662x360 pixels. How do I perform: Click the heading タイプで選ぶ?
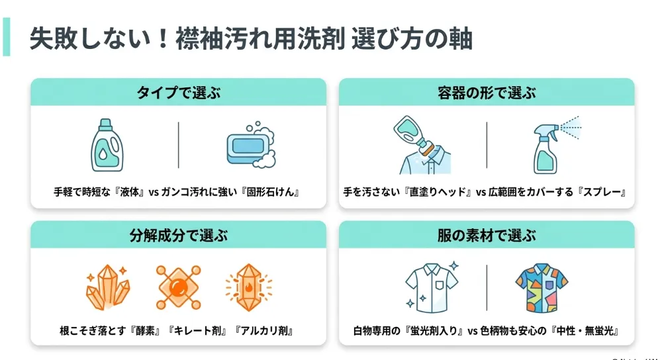click(x=178, y=93)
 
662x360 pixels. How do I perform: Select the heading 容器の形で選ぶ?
click(x=487, y=93)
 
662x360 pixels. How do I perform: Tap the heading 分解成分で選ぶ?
click(x=178, y=235)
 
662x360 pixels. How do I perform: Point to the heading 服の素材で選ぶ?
click(x=487, y=235)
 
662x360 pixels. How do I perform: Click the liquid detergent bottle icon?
click(x=107, y=145)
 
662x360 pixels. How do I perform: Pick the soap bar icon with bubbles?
click(x=251, y=145)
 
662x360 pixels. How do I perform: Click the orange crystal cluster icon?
click(x=108, y=287)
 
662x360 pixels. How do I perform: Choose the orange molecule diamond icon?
click(x=178, y=287)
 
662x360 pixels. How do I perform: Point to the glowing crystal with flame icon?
click(x=249, y=287)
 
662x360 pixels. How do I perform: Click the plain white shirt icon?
click(x=432, y=287)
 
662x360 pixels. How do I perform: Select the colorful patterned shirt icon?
click(x=542, y=288)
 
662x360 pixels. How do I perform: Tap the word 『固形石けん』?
click(x=271, y=192)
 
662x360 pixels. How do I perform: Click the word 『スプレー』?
click(x=602, y=192)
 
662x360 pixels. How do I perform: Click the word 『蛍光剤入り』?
click(x=434, y=330)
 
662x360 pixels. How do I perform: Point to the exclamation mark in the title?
click(x=163, y=39)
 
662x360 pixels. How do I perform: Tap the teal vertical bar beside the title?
click(x=7, y=36)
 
